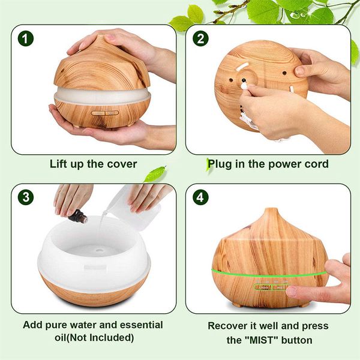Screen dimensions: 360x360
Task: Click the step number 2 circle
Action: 200,39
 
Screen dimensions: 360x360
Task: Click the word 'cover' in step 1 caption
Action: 121,164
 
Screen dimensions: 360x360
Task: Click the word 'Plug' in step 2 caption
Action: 220,164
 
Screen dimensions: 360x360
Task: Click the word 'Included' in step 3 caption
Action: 109,337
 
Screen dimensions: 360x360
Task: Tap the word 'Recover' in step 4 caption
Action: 228,326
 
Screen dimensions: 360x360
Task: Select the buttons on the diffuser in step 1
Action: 100,112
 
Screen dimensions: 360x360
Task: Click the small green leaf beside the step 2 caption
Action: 155,174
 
